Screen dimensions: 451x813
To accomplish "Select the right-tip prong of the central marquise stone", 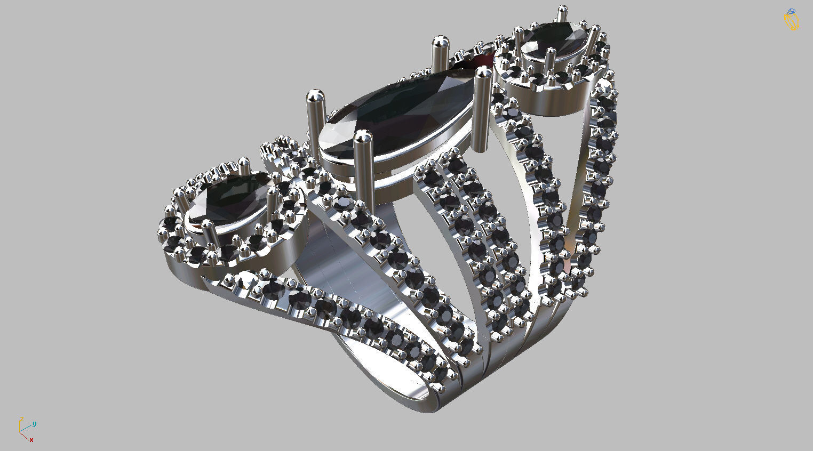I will click(x=483, y=107).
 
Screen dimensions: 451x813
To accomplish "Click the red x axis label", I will click(x=31, y=440).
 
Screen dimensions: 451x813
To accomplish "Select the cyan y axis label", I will click(x=34, y=424).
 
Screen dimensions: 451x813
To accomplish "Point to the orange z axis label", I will click(x=21, y=420).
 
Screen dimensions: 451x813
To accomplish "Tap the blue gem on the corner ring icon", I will click(x=791, y=12).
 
